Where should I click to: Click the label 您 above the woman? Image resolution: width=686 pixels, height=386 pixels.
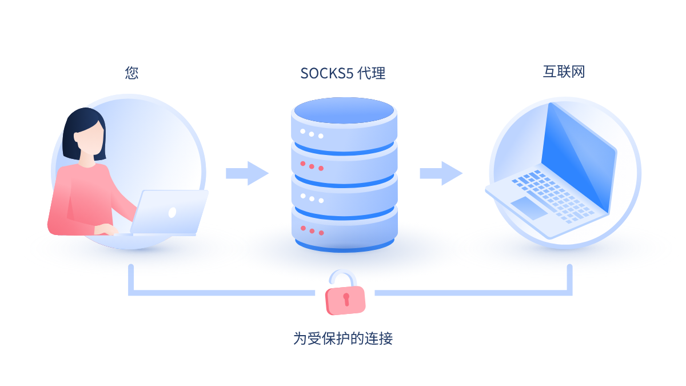[131, 73]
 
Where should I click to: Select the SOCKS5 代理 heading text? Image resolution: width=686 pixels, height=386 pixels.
[343, 73]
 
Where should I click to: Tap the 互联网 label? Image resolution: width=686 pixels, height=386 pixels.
[564, 71]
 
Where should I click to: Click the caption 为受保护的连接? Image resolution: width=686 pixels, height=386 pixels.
[343, 338]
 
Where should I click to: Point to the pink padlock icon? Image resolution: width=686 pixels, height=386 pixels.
[345, 299]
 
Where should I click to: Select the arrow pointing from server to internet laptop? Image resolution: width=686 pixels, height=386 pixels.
[441, 173]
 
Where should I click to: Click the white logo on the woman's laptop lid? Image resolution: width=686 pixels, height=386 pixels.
[172, 212]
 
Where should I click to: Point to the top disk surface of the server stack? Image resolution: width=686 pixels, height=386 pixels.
[344, 110]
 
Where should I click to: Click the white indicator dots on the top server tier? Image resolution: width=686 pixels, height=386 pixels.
[312, 134]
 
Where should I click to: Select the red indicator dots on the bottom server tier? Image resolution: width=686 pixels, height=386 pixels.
[312, 231]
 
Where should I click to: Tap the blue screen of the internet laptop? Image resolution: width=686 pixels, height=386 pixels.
[577, 154]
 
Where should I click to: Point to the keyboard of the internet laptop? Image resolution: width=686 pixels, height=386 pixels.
[552, 194]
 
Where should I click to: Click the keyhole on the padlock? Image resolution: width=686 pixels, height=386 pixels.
[346, 298]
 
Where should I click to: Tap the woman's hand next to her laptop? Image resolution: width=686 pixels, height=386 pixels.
[106, 230]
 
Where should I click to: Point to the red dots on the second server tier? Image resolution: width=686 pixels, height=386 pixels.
[312, 166]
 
